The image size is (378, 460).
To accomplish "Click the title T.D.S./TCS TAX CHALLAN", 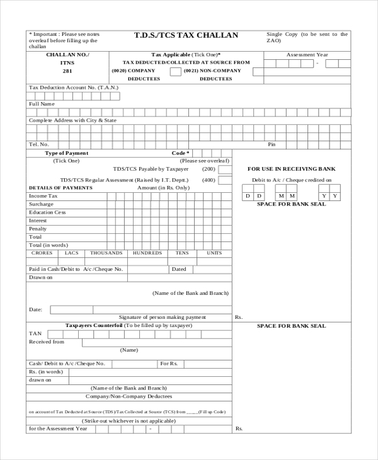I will pyautogui.click(x=186, y=35).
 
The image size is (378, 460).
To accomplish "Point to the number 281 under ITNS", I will pyautogui.click(x=67, y=71).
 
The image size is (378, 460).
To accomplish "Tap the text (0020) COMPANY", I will pyautogui.click(x=134, y=71).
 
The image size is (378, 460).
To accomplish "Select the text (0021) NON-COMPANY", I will pyautogui.click(x=212, y=71).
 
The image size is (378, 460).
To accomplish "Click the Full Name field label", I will pyautogui.click(x=42, y=103).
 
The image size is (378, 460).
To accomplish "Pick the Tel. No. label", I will pyautogui.click(x=39, y=144).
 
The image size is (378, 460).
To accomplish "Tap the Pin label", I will pyautogui.click(x=272, y=144).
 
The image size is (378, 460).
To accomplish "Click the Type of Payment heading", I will pyautogui.click(x=67, y=153).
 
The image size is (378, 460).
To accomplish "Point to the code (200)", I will pyautogui.click(x=209, y=169).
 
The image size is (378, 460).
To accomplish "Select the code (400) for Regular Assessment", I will pyautogui.click(x=209, y=180).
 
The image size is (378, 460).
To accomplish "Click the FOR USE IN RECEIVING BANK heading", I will pyautogui.click(x=292, y=169).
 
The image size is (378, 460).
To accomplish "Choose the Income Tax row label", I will pyautogui.click(x=43, y=196).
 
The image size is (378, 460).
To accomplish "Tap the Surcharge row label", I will pyautogui.click(x=41, y=204).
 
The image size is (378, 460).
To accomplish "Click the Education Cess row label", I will pyautogui.click(x=47, y=212).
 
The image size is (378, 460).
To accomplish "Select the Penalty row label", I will pyautogui.click(x=38, y=229).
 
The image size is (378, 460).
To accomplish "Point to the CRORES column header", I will pyautogui.click(x=42, y=253).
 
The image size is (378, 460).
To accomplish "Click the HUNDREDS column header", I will pyautogui.click(x=147, y=253).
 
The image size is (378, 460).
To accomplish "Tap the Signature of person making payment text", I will pyautogui.click(x=163, y=317).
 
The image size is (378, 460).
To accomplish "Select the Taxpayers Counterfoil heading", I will pyautogui.click(x=94, y=325).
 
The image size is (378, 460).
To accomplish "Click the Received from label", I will pyautogui.click(x=47, y=342).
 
